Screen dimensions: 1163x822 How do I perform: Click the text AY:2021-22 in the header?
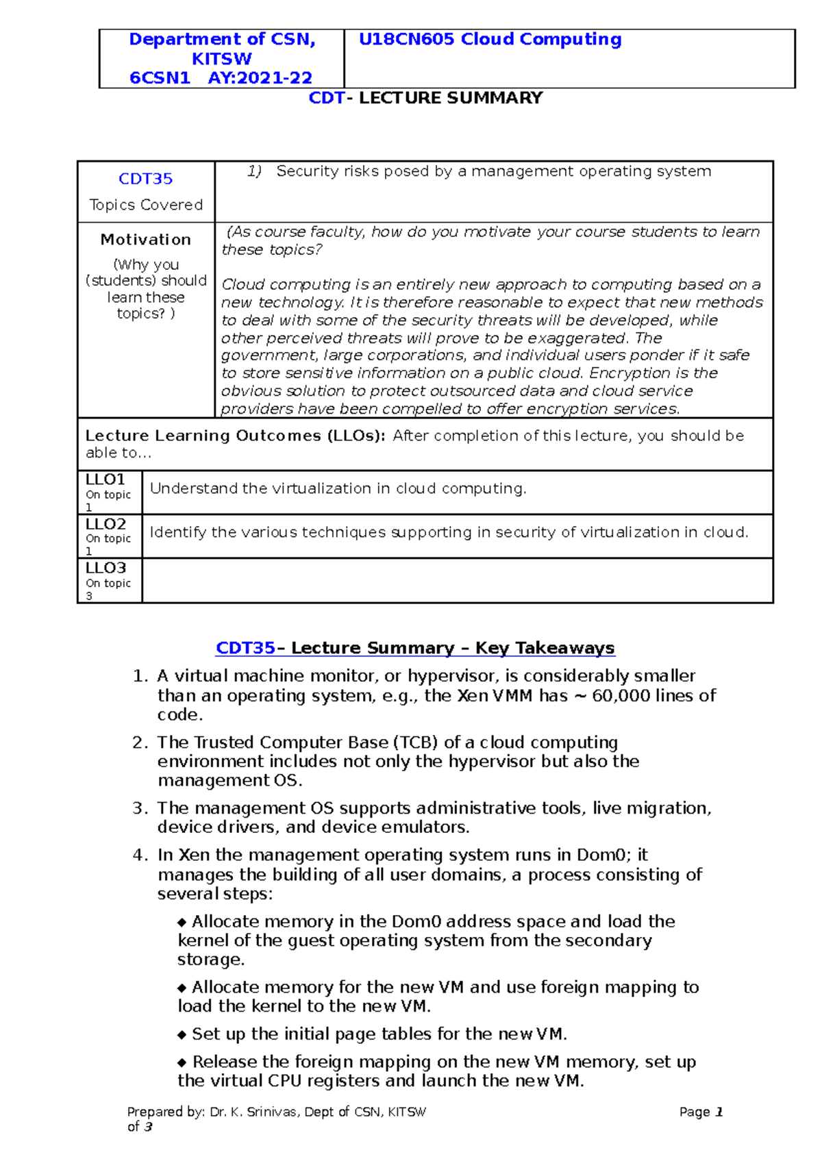point(260,78)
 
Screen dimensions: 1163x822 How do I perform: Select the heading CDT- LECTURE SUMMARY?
point(425,98)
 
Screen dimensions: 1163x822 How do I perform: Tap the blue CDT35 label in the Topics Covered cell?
point(145,179)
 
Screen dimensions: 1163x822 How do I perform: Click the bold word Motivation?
point(145,240)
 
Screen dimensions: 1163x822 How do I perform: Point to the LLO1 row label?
point(105,479)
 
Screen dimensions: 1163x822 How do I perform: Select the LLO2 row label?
point(105,524)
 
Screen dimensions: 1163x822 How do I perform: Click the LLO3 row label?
point(105,568)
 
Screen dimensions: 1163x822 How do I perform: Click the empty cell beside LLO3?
point(457,581)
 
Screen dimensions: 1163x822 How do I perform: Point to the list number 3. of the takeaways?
point(140,808)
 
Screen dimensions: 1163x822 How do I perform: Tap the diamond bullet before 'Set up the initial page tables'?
point(182,1035)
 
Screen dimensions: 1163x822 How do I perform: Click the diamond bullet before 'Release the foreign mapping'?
point(182,1062)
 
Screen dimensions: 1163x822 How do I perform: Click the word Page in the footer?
point(694,1112)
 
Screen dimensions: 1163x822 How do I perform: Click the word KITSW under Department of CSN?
point(221,59)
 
